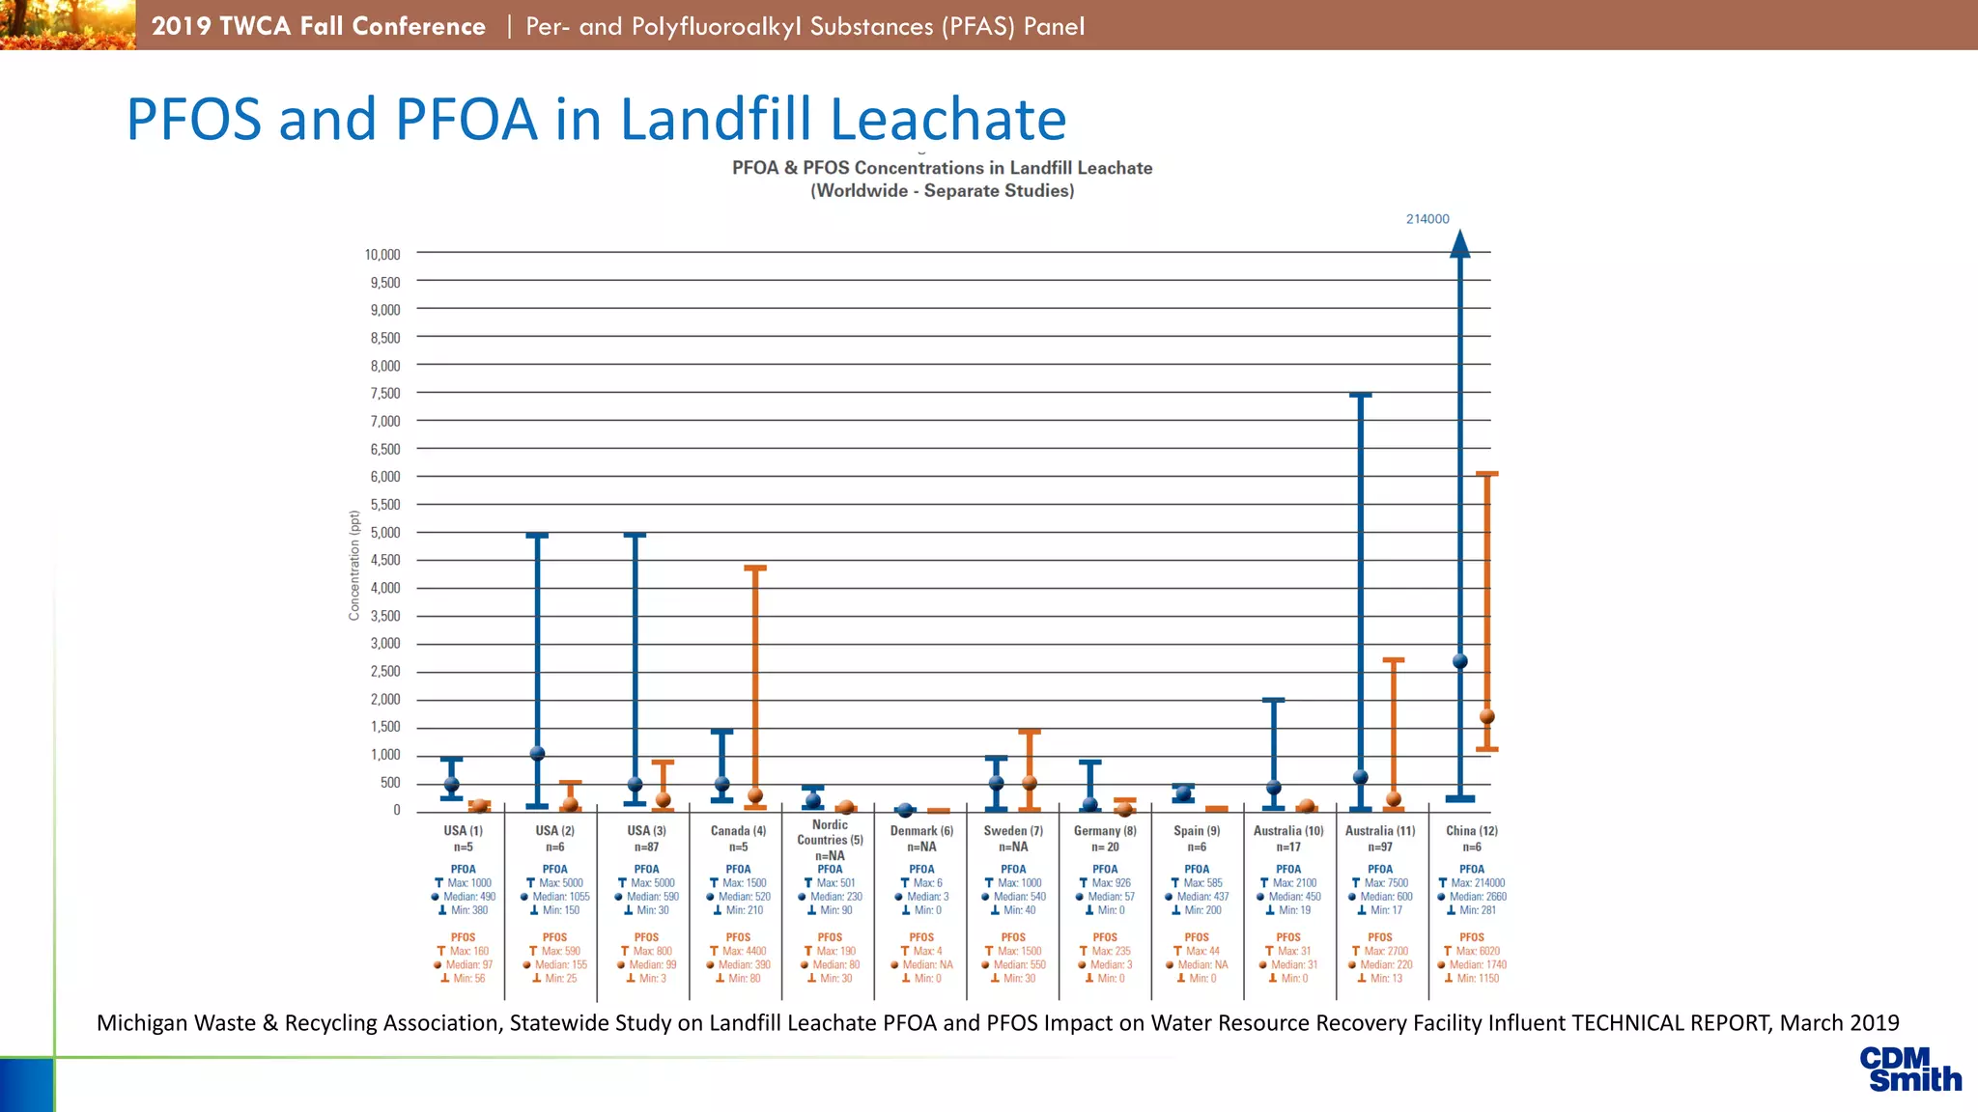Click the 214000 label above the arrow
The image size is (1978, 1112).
(1427, 219)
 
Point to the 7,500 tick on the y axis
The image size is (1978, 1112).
(384, 394)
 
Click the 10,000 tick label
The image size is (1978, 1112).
(381, 255)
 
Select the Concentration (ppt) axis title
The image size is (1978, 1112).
(354, 566)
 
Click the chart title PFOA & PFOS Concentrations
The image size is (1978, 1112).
(942, 168)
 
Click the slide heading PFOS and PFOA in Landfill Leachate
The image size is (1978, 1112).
(596, 119)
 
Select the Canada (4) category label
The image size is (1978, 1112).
(738, 831)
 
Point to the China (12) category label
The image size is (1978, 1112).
(1471, 831)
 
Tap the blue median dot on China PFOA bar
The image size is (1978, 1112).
(1460, 661)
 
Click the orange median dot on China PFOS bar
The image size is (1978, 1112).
(1487, 716)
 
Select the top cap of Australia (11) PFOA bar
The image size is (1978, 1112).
(1360, 395)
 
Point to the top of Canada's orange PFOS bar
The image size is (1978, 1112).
(755, 568)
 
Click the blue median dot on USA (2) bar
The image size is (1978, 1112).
(538, 753)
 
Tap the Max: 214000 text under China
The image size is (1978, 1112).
(1477, 883)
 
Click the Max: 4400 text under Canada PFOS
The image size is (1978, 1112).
(744, 952)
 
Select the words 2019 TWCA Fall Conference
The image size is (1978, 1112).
(318, 26)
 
